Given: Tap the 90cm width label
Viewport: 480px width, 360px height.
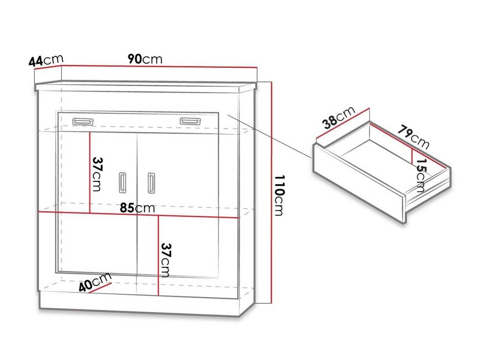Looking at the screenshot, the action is (x=145, y=59).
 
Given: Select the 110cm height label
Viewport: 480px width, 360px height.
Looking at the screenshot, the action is (x=279, y=195).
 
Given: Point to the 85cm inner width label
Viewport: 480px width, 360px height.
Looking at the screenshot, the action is (x=137, y=208).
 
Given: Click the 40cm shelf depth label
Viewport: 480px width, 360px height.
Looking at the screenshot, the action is (x=95, y=282).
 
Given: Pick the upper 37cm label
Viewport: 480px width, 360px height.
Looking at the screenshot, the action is (x=97, y=174).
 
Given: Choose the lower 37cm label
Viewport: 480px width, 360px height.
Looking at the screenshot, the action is (x=165, y=260).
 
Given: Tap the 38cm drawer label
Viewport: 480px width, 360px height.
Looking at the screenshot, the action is (x=339, y=118).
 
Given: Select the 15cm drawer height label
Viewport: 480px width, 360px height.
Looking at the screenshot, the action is (x=421, y=175).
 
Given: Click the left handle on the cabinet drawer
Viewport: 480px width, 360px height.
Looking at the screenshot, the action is (x=83, y=122).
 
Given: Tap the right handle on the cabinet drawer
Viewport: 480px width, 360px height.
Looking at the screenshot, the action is (x=190, y=121).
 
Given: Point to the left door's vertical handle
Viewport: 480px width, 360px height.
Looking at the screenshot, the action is (x=123, y=183).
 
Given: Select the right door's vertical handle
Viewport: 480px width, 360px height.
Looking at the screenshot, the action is (x=151, y=183).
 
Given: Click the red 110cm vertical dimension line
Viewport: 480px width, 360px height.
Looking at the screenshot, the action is (x=272, y=193).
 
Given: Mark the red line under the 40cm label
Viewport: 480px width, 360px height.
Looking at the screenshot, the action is (x=100, y=288).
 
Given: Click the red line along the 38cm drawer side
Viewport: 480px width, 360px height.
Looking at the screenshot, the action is (x=343, y=124).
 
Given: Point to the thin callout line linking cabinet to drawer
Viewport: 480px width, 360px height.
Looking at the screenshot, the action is (x=270, y=136).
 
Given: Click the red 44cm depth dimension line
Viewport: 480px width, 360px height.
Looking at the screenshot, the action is (x=48, y=67).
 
